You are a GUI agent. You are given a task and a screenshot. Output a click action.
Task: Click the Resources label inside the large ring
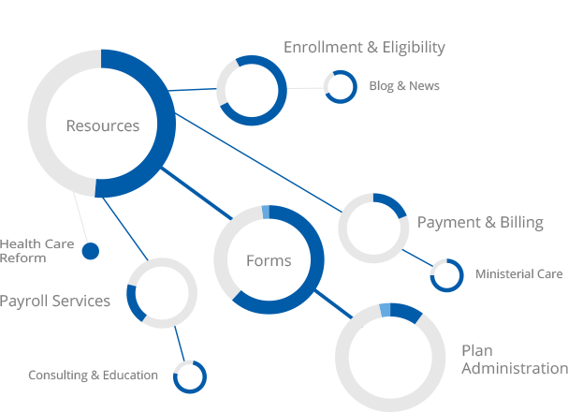102,125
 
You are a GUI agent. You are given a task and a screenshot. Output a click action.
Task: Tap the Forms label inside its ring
269,260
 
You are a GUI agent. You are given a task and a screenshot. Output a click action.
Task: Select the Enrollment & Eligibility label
364,47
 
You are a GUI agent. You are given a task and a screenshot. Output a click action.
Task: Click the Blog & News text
403,86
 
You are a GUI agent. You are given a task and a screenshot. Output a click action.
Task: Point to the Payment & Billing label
479,222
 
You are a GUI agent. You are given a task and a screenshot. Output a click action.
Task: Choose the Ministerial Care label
518,274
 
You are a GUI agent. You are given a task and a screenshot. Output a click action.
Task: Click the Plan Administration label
513,360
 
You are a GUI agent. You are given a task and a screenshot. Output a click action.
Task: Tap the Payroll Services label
55,301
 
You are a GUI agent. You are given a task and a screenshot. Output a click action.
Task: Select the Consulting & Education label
93,375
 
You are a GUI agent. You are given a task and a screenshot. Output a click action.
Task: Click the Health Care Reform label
22,251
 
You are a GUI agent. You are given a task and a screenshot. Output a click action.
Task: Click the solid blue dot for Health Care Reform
91,251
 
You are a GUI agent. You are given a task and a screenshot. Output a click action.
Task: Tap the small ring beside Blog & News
341,87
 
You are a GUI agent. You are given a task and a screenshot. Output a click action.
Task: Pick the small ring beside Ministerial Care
446,274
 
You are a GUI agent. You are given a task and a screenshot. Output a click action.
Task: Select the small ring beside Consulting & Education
189,375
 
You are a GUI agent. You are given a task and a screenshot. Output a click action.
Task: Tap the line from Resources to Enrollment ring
195,90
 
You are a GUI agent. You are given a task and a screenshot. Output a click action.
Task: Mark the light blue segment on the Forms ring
265,212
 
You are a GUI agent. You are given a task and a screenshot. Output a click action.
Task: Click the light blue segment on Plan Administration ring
385,310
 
